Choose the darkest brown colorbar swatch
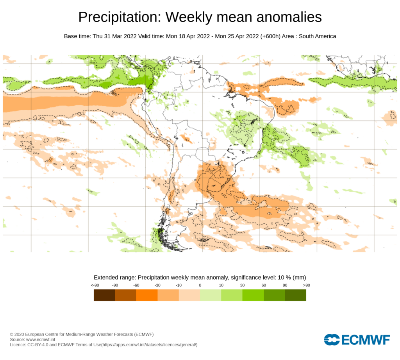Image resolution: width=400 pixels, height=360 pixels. [x=104, y=296]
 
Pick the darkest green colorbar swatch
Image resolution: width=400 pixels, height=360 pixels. [x=295, y=296]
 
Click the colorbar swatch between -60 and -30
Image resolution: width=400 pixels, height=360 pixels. [x=146, y=296]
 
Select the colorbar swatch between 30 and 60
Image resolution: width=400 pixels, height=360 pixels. [x=253, y=296]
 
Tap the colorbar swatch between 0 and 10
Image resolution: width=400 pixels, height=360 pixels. [x=210, y=296]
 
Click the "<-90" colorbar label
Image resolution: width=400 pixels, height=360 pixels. [x=94, y=285]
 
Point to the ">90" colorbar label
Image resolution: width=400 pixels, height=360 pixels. [x=306, y=285]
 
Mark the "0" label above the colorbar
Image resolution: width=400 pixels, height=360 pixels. [x=200, y=285]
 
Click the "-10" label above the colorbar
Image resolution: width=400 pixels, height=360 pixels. [x=179, y=285]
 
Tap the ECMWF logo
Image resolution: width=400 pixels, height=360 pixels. [x=357, y=340]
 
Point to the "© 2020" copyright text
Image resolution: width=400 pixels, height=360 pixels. [x=17, y=335]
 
